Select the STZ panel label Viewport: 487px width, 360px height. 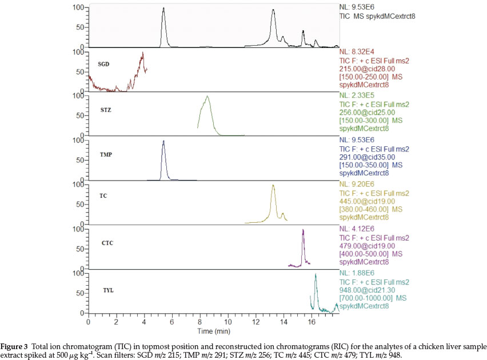(105, 110)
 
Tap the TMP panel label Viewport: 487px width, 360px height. (106, 154)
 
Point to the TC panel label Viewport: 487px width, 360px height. (103, 196)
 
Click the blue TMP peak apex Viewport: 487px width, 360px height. (163, 141)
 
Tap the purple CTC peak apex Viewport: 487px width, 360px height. (303, 230)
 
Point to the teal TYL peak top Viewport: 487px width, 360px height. (315, 274)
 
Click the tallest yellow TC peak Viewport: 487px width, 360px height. (273, 185)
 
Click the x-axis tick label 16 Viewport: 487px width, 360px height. (311, 323)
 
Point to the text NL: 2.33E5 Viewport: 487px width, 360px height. (358, 95)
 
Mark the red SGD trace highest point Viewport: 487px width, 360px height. (143, 53)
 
